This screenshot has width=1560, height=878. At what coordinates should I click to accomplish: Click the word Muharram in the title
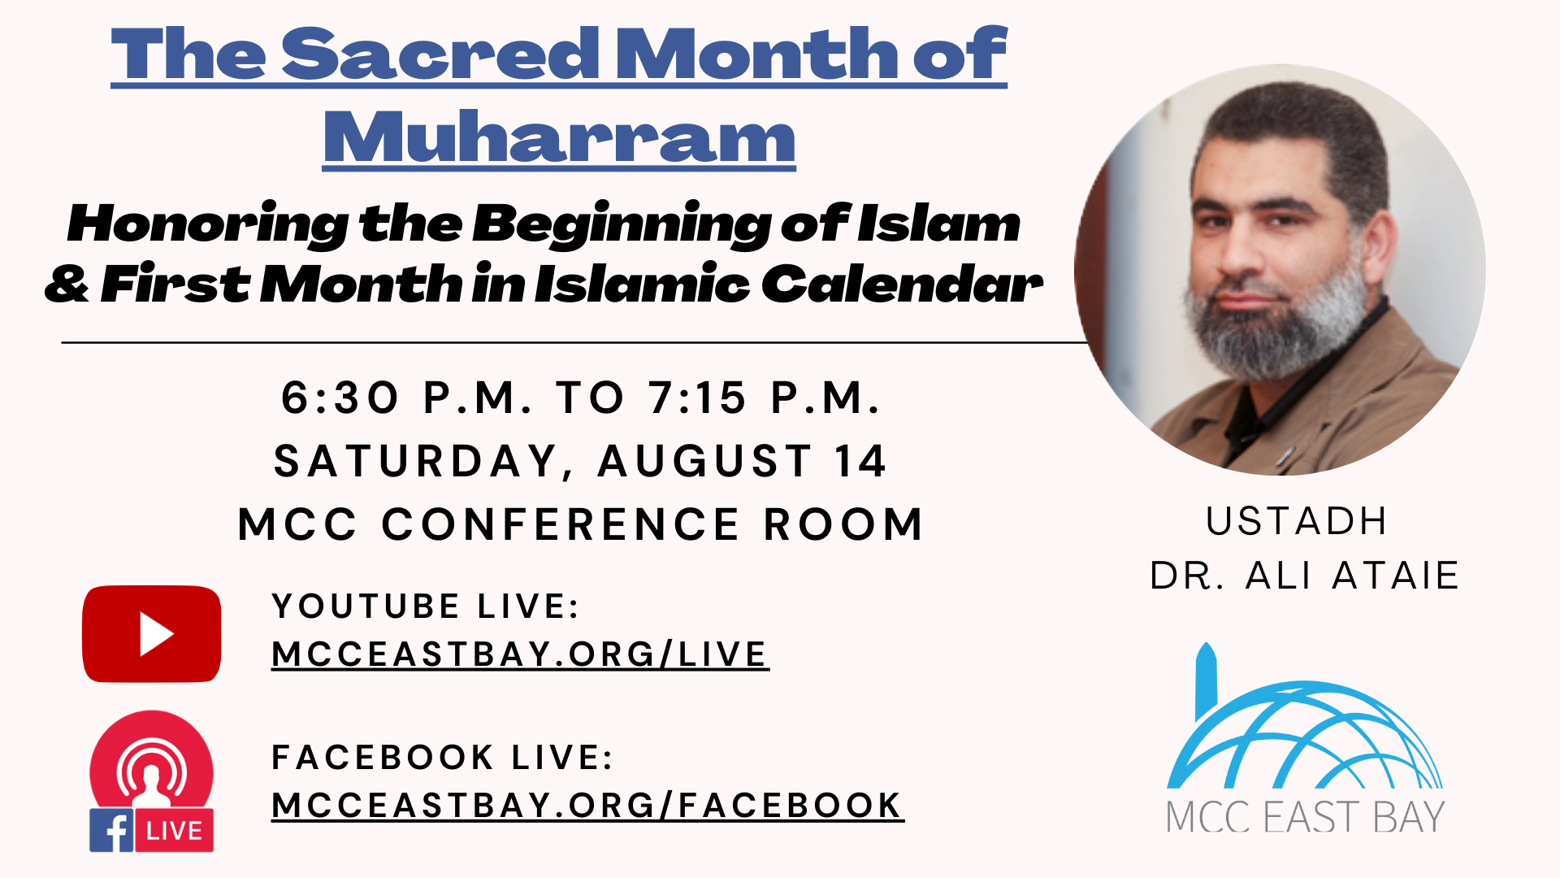point(559,137)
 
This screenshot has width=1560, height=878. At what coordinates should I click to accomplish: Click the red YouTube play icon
point(152,633)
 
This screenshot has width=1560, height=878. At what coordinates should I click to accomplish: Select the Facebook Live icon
point(151,781)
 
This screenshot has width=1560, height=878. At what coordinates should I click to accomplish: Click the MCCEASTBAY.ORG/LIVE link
point(520,654)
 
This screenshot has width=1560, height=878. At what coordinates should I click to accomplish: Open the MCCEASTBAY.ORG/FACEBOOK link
point(587,806)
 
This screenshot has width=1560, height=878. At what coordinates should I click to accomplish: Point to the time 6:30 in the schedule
point(340,398)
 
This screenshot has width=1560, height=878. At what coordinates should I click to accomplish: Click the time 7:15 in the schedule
point(697,398)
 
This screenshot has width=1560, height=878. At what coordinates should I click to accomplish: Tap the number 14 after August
point(861,462)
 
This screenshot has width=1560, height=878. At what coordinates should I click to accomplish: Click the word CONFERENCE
point(561,524)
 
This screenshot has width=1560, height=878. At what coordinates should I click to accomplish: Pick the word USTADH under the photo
point(1296,521)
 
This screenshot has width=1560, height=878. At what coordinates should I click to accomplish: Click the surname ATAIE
point(1396,576)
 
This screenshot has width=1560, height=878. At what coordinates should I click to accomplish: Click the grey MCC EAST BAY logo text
point(1305,817)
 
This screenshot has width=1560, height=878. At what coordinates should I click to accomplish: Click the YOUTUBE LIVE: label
point(426,606)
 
